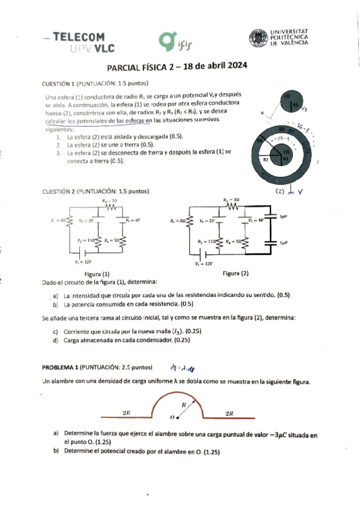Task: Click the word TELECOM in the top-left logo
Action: (x=79, y=37)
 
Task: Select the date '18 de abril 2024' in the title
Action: (x=216, y=67)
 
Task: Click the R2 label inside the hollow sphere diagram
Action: (x=266, y=160)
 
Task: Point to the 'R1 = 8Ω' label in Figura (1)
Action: (x=58, y=221)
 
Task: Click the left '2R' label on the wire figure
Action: (x=126, y=413)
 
